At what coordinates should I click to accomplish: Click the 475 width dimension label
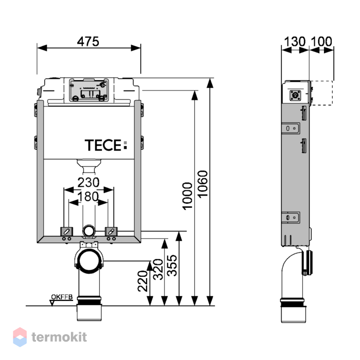coord(88,41)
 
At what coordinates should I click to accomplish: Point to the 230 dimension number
coord(88,182)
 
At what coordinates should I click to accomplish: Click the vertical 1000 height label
coord(187,196)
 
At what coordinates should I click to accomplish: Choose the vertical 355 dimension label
coord(173,265)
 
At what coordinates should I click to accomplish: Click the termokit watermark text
coord(59,337)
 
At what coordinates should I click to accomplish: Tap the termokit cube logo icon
coord(20,337)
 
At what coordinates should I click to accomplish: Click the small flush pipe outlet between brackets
coord(88,230)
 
